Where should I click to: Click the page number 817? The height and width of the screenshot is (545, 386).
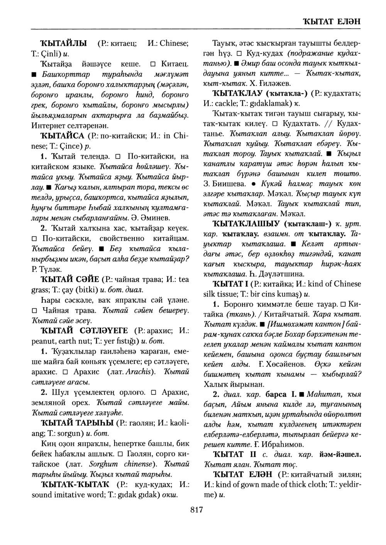coord(196,510)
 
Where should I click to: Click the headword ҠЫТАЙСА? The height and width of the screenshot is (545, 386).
coord(61,135)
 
